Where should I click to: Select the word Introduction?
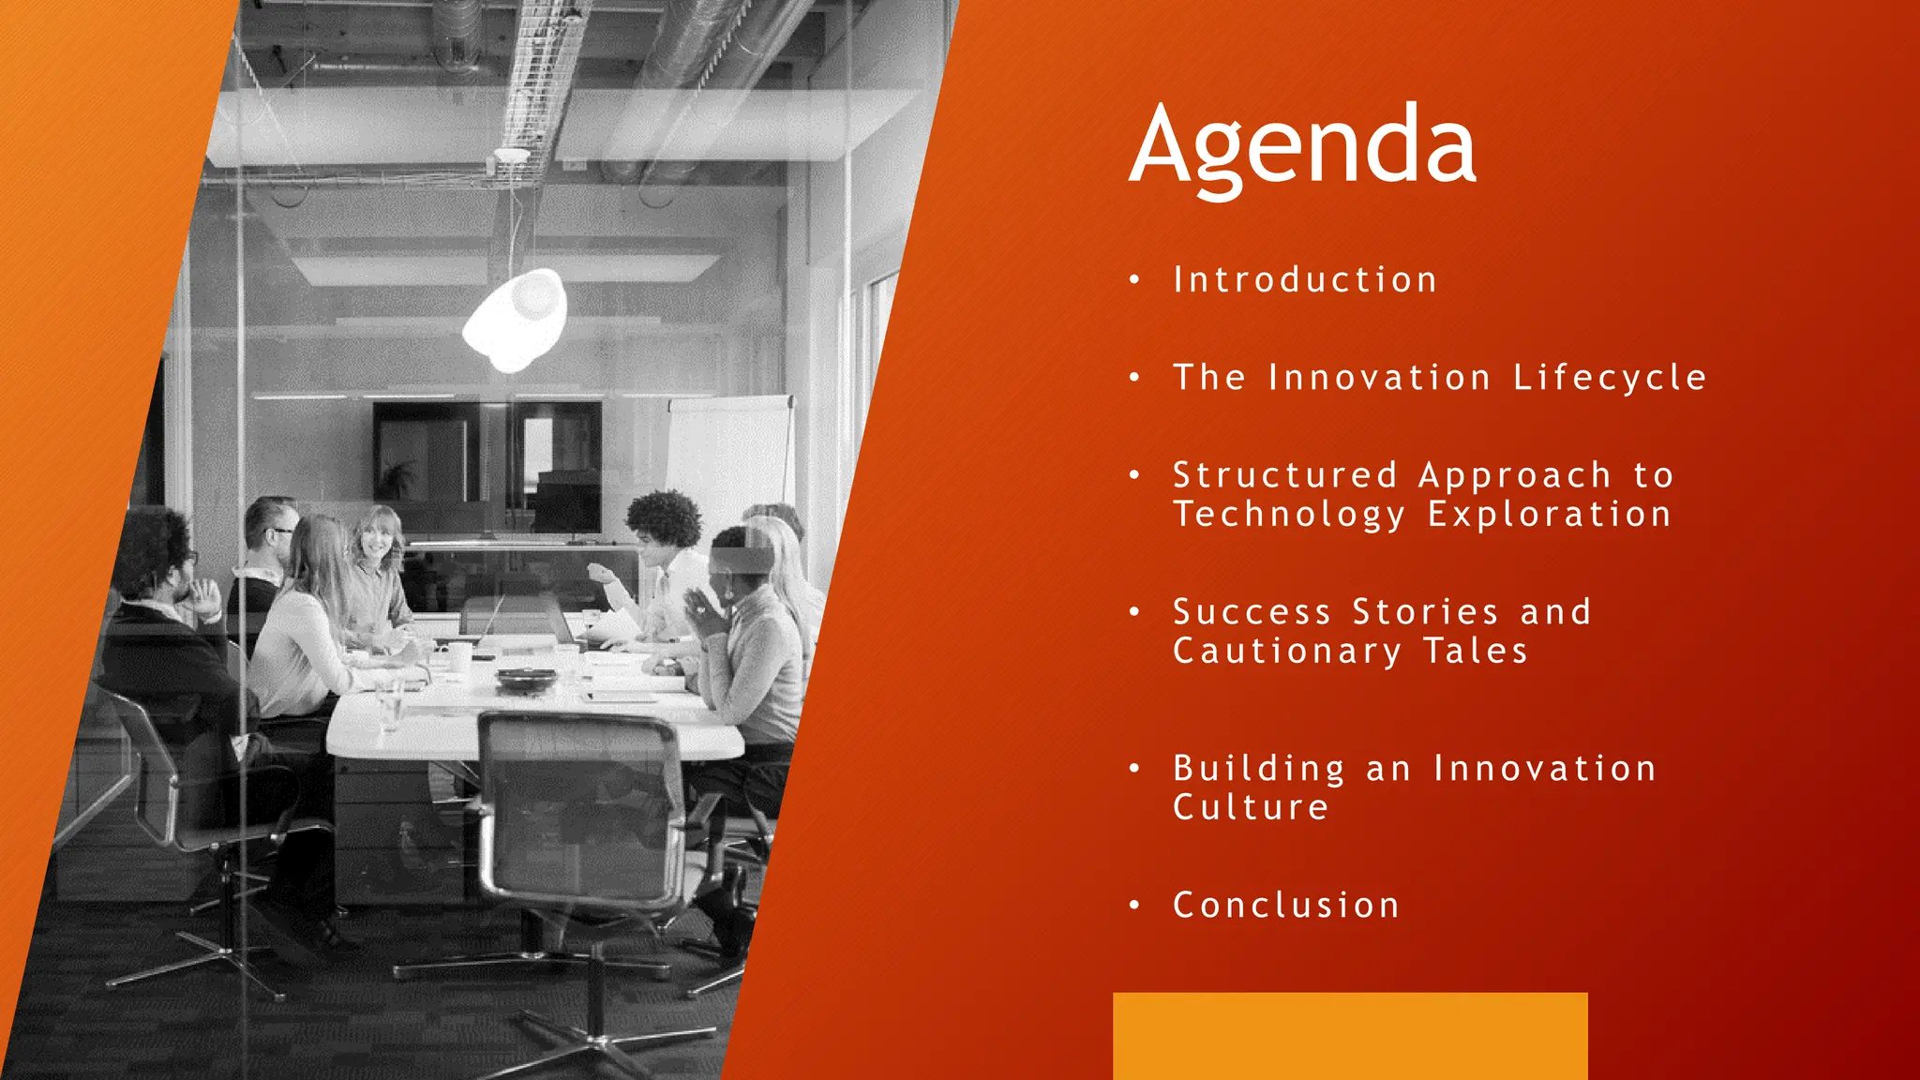(1305, 280)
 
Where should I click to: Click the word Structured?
(1285, 475)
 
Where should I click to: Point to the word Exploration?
(1550, 515)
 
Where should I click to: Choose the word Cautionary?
(1287, 652)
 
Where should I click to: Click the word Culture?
(1251, 808)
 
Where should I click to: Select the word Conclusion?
(1286, 906)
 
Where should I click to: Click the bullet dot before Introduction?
(1134, 280)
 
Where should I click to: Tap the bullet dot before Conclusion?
(1134, 906)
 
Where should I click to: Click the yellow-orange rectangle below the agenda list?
(1350, 1035)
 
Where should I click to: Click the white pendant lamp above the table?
(517, 319)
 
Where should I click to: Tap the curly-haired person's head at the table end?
(663, 520)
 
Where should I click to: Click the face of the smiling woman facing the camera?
(378, 537)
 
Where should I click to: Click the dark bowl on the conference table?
(526, 678)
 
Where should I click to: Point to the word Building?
(1259, 769)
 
